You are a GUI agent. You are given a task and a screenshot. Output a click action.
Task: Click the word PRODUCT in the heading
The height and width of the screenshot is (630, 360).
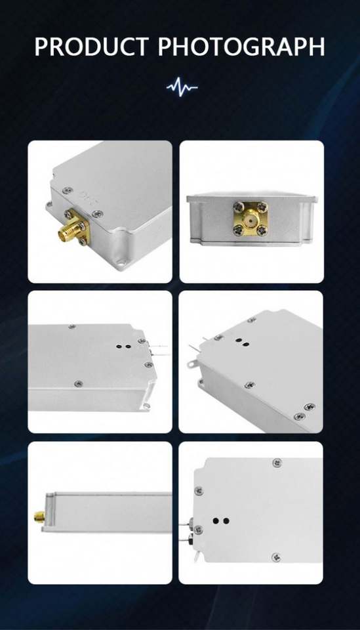click(92, 47)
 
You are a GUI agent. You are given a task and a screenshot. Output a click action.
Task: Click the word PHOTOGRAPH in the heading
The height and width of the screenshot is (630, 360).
click(241, 47)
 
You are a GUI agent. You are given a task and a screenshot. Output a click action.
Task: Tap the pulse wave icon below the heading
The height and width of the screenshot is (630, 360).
click(182, 87)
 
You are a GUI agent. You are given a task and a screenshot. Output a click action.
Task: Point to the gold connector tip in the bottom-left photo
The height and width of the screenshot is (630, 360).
click(39, 516)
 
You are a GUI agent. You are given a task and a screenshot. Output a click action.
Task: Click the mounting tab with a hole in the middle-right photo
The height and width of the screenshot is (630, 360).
click(192, 364)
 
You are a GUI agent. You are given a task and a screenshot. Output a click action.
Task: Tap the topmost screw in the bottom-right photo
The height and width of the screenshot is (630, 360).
click(277, 463)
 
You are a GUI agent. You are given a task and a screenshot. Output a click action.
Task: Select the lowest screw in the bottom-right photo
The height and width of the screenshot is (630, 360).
click(275, 557)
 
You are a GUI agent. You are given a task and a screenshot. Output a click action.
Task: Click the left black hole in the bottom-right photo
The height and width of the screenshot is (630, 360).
click(216, 520)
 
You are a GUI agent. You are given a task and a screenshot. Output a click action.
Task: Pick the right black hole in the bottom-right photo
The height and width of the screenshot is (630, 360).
click(226, 520)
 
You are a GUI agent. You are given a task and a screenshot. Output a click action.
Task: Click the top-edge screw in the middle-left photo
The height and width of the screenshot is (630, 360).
click(72, 327)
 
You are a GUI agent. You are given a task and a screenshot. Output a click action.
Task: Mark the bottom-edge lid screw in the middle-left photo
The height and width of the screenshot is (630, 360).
click(79, 384)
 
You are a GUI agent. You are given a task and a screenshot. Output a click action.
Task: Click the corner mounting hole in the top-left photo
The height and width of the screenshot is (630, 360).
click(119, 264)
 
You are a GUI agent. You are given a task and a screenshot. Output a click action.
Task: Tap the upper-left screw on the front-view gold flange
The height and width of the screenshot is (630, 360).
click(238, 206)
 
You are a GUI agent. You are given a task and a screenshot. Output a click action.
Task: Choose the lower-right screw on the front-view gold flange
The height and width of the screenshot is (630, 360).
click(262, 230)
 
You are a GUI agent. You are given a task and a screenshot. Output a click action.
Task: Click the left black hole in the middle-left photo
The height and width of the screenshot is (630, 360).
click(119, 346)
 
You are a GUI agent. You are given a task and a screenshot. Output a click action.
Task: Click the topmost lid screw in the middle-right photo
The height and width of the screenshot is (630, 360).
click(252, 320)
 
